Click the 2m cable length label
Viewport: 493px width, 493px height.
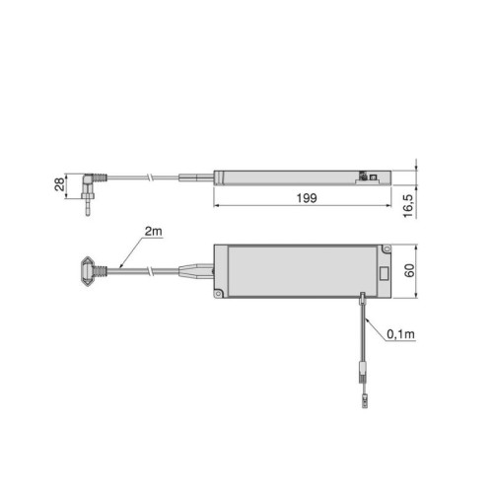point(152,231)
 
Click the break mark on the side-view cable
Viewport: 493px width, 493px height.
point(145,177)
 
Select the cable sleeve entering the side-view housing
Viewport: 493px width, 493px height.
point(197,178)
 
